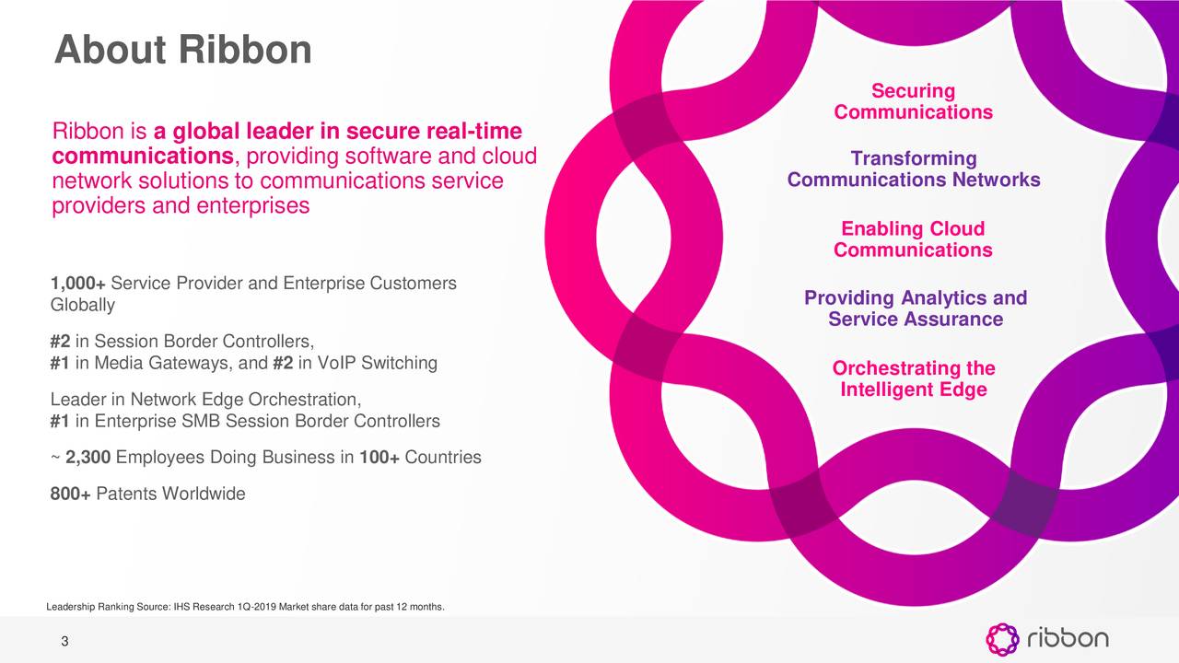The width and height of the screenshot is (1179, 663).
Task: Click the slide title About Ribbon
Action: [x=183, y=50]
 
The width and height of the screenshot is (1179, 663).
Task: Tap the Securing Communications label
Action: [x=913, y=101]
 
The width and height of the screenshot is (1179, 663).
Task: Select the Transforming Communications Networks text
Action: [x=913, y=169]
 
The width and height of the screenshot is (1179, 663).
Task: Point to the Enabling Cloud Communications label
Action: [x=913, y=239]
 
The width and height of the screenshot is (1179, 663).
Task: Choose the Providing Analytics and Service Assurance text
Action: [x=915, y=308]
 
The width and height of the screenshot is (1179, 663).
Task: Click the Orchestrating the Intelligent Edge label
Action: [x=913, y=379]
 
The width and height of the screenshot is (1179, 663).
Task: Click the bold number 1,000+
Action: [x=83, y=282]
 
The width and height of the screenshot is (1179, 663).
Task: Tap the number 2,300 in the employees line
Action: [x=89, y=458]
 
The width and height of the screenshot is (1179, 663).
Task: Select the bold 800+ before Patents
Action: [x=70, y=494]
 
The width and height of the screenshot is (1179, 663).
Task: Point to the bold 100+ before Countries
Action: [x=379, y=458]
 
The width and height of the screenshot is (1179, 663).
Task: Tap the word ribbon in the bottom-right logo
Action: [x=1068, y=638]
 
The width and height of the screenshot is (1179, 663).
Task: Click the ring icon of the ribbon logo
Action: [x=1002, y=639]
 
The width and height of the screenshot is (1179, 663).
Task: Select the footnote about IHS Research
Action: [x=245, y=607]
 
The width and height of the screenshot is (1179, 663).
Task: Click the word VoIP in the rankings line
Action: [x=337, y=363]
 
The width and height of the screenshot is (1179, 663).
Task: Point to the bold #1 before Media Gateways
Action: [x=61, y=363]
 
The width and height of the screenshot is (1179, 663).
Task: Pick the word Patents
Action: [x=126, y=494]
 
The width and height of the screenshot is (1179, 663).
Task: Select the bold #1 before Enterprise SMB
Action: [x=61, y=422]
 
